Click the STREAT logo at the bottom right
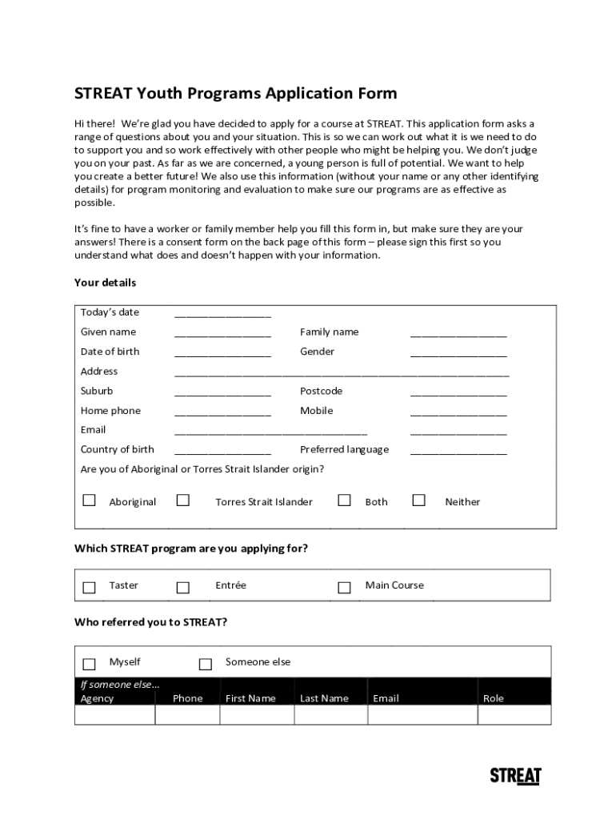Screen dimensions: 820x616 (515, 776)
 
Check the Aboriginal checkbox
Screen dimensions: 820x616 (90, 500)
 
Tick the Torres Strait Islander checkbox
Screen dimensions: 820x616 (183, 500)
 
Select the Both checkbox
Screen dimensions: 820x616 (344, 500)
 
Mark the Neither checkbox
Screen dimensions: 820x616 (418, 500)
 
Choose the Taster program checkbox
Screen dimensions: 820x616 (90, 587)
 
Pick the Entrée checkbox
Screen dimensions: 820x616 (183, 587)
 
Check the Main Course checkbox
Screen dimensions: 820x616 (344, 587)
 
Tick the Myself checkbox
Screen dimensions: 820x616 (90, 664)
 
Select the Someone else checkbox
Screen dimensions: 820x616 (206, 664)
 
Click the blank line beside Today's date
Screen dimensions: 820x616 (222, 315)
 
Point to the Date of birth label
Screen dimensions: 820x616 (110, 352)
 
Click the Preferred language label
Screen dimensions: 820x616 (344, 449)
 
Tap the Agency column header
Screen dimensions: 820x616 (98, 698)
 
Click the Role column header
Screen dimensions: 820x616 (494, 698)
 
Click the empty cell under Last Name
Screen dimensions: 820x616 (330, 715)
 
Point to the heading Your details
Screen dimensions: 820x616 (105, 283)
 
